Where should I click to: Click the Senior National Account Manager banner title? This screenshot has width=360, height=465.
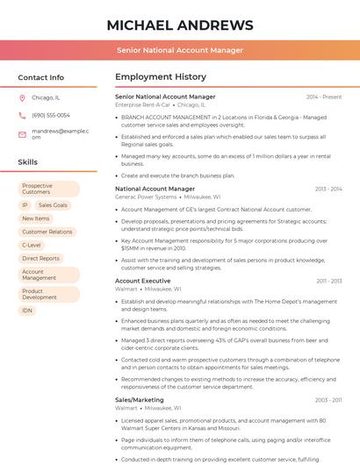[179, 50]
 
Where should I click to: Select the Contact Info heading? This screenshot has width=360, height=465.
[41, 77]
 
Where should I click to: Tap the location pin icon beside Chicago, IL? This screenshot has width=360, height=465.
[22, 97]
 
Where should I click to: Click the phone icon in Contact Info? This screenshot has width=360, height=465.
[22, 115]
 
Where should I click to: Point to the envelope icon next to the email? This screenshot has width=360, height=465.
[22, 134]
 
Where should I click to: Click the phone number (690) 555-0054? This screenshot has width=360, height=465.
[51, 115]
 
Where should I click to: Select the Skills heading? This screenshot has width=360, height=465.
[28, 162]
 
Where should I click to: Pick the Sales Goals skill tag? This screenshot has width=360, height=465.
[53, 205]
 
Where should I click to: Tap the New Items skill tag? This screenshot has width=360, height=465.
[36, 218]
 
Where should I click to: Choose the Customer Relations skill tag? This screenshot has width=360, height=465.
[47, 232]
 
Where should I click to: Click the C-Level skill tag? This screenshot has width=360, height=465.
[32, 245]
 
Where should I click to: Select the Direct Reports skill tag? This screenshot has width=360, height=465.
[41, 258]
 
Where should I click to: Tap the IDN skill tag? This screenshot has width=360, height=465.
[27, 311]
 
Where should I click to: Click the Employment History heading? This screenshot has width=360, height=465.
[161, 77]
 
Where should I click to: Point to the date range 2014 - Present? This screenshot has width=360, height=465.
[324, 97]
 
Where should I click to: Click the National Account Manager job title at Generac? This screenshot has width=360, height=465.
[155, 189]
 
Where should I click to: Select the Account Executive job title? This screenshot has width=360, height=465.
[143, 281]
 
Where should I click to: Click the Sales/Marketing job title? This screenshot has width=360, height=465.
[140, 399]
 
